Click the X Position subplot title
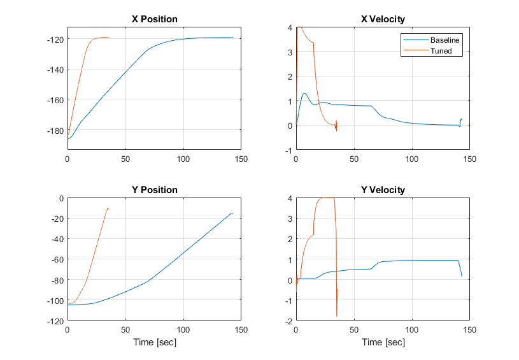[154, 19]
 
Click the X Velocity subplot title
[383, 19]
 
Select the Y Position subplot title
[154, 190]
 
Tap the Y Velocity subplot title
[383, 190]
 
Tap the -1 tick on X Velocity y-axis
[288, 150]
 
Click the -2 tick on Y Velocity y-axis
[288, 321]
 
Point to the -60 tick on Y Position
[57, 259]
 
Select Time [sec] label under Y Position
[154, 343]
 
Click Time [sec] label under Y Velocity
[383, 343]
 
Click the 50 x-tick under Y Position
[125, 330]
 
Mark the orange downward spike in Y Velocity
[336, 315]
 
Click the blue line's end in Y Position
[233, 213]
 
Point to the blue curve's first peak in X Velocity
[304, 94]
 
